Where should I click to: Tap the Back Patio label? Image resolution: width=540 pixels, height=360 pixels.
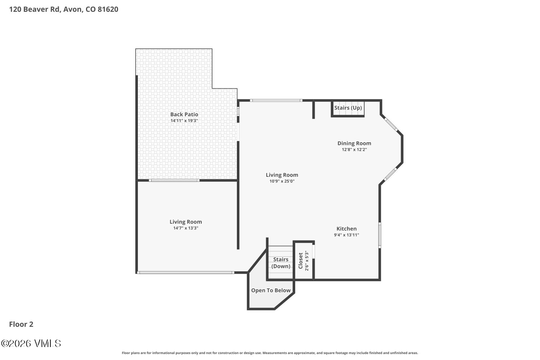pos(184,114)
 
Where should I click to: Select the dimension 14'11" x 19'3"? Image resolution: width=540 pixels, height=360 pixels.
pos(184,121)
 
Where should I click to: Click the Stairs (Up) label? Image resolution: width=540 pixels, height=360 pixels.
pos(348,108)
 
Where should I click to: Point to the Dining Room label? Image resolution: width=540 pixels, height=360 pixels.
pos(354,143)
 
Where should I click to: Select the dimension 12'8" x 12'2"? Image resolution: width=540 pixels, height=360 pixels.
pos(354,149)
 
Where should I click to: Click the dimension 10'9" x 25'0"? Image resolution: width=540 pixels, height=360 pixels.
pos(282,181)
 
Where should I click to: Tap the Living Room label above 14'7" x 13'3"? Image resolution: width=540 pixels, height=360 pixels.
pos(185,222)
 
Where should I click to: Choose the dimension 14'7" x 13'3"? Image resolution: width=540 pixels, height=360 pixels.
pos(185,228)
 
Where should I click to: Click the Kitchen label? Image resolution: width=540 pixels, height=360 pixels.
pos(346,229)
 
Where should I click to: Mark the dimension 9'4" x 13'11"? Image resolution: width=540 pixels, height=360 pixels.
pos(346,235)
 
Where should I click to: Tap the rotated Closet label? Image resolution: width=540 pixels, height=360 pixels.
pos(301,260)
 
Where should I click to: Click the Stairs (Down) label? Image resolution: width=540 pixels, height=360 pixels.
pos(280,263)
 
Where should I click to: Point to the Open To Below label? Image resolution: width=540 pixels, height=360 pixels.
pos(271,291)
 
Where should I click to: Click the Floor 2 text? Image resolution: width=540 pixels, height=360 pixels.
pos(21,324)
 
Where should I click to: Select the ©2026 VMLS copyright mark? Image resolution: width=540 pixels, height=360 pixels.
pos(31,343)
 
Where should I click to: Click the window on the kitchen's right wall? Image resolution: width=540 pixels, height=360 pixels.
pos(379,235)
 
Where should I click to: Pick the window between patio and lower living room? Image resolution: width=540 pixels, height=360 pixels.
pos(174,180)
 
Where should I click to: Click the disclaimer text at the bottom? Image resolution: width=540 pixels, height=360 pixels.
pos(270,353)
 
